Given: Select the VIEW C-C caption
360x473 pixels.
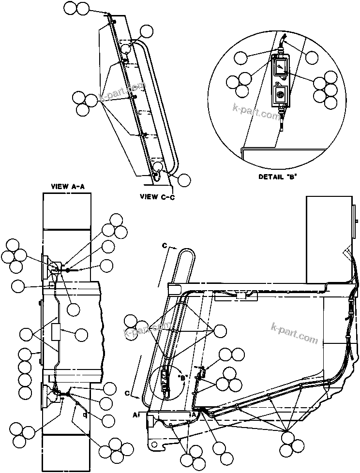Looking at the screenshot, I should pyautogui.click(x=156, y=196).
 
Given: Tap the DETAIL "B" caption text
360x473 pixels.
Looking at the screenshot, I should pyautogui.click(x=277, y=177).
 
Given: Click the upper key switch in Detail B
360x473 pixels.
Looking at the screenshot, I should pyautogui.click(x=280, y=68).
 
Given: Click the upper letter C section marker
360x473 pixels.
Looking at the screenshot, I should pyautogui.click(x=165, y=247).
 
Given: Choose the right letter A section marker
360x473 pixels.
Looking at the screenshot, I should pyautogui.click(x=194, y=414).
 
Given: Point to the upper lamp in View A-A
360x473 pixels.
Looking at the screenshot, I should pyautogui.click(x=49, y=267).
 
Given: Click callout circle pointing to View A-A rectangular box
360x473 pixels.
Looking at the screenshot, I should pyautogui.click(x=81, y=334).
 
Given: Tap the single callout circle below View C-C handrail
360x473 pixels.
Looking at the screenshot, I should pyautogui.click(x=184, y=180).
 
